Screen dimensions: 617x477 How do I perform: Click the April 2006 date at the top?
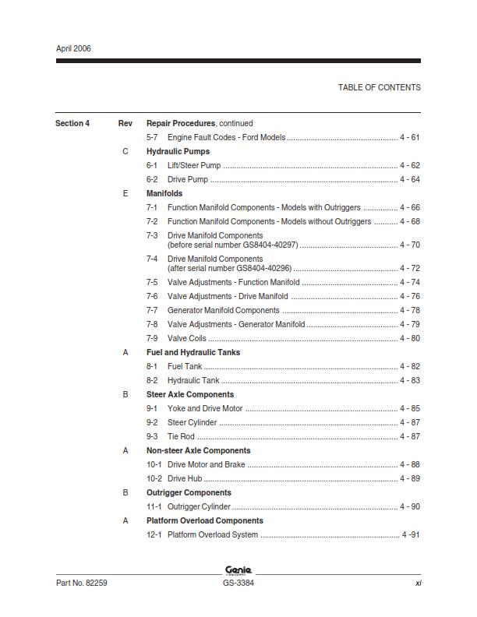tap(73, 48)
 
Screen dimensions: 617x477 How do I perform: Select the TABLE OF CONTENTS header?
tap(379, 87)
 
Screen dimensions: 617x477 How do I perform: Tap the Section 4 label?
tap(72, 123)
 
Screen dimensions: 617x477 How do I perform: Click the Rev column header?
tap(125, 123)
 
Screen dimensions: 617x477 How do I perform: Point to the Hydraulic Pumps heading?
tap(178, 151)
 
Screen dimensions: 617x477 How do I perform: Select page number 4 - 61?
tap(410, 137)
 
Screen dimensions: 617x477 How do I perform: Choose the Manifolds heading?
tap(164, 193)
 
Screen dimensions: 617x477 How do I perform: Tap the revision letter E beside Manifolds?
tap(125, 193)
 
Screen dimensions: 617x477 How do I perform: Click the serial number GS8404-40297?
tap(261, 245)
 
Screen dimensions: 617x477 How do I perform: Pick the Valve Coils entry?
tap(187, 338)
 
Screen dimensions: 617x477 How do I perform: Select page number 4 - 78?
tap(410, 310)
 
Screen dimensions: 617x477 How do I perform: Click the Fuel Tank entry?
tap(185, 366)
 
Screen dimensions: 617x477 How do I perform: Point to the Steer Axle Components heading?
tap(190, 394)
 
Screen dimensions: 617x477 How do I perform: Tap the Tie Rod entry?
tap(181, 436)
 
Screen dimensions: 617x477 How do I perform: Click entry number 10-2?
tap(154, 478)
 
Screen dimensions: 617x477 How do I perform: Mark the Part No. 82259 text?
tap(81, 583)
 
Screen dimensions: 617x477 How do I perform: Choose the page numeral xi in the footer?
tap(418, 583)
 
